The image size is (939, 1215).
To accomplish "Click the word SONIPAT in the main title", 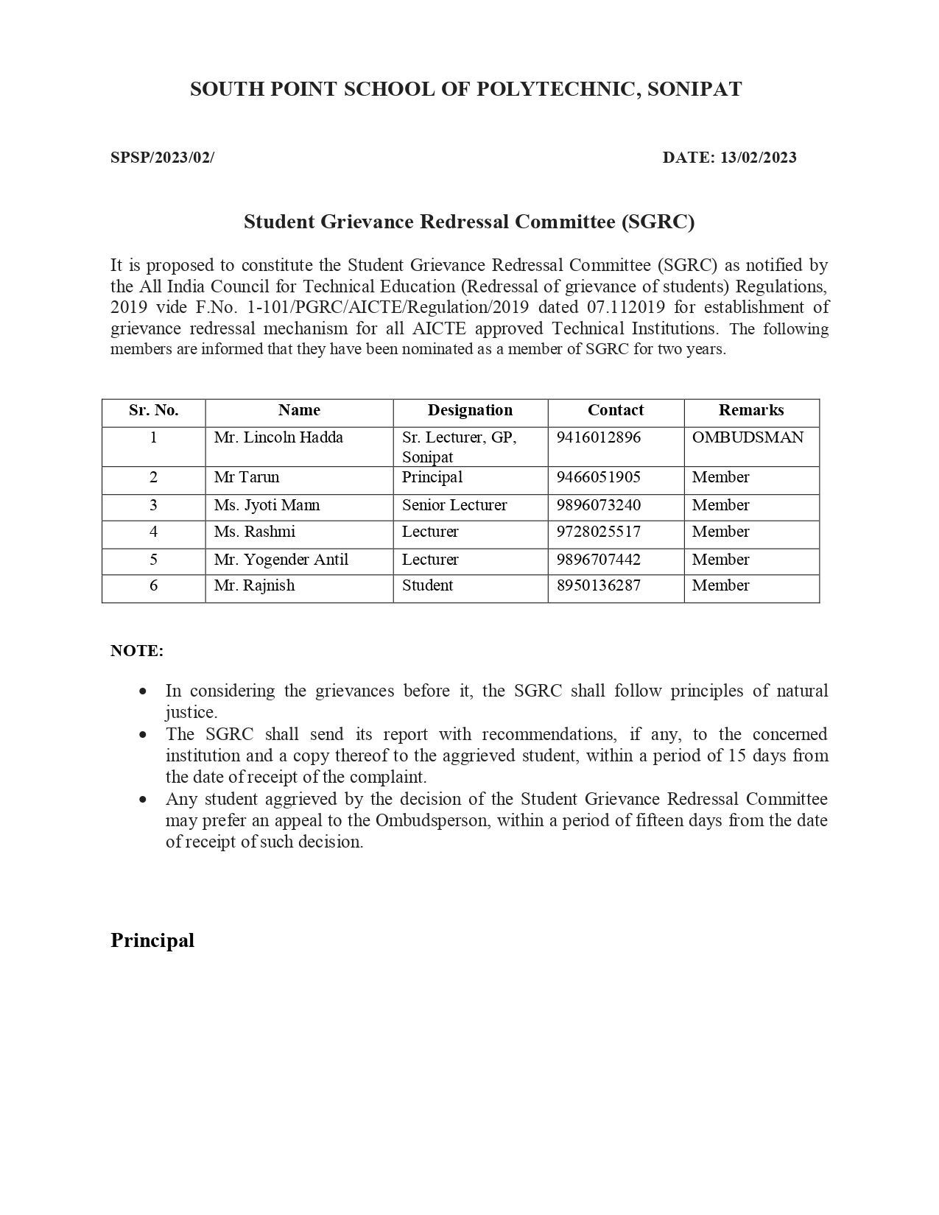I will click(x=694, y=89).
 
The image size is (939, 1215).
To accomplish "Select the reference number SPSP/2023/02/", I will click(x=162, y=158).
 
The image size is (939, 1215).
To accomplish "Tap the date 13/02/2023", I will click(x=759, y=158).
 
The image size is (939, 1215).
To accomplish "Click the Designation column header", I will click(x=470, y=410).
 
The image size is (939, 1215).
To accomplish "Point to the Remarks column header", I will click(x=751, y=410).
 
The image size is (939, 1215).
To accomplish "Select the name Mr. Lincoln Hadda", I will click(x=278, y=437).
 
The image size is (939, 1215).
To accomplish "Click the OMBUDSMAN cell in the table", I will click(x=748, y=437).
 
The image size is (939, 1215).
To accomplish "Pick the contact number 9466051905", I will click(x=598, y=477).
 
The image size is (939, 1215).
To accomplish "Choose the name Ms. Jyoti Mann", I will click(x=267, y=505).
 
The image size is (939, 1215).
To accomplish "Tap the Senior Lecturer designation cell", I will click(x=454, y=505).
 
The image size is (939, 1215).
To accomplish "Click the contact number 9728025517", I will click(x=598, y=532).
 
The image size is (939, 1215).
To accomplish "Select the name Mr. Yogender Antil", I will click(x=281, y=560).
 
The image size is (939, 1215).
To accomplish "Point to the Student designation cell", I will click(x=427, y=585).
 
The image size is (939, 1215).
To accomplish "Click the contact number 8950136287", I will click(x=598, y=585).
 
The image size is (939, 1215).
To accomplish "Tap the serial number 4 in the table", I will click(x=153, y=532).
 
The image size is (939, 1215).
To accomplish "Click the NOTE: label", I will click(x=137, y=651).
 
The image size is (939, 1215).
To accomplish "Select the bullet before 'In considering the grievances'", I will click(x=143, y=691).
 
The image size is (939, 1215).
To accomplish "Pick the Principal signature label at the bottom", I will click(x=152, y=940).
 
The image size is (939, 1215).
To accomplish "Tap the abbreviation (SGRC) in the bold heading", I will click(x=658, y=222).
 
